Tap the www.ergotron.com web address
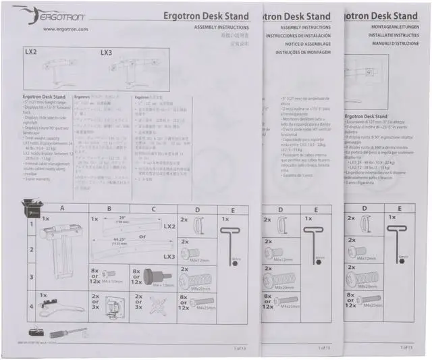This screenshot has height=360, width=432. tap(65, 29)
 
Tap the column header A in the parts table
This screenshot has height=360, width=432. tap(62, 209)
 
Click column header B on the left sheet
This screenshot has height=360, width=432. tap(109, 209)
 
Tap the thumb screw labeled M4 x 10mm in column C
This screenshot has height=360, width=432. tap(147, 276)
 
